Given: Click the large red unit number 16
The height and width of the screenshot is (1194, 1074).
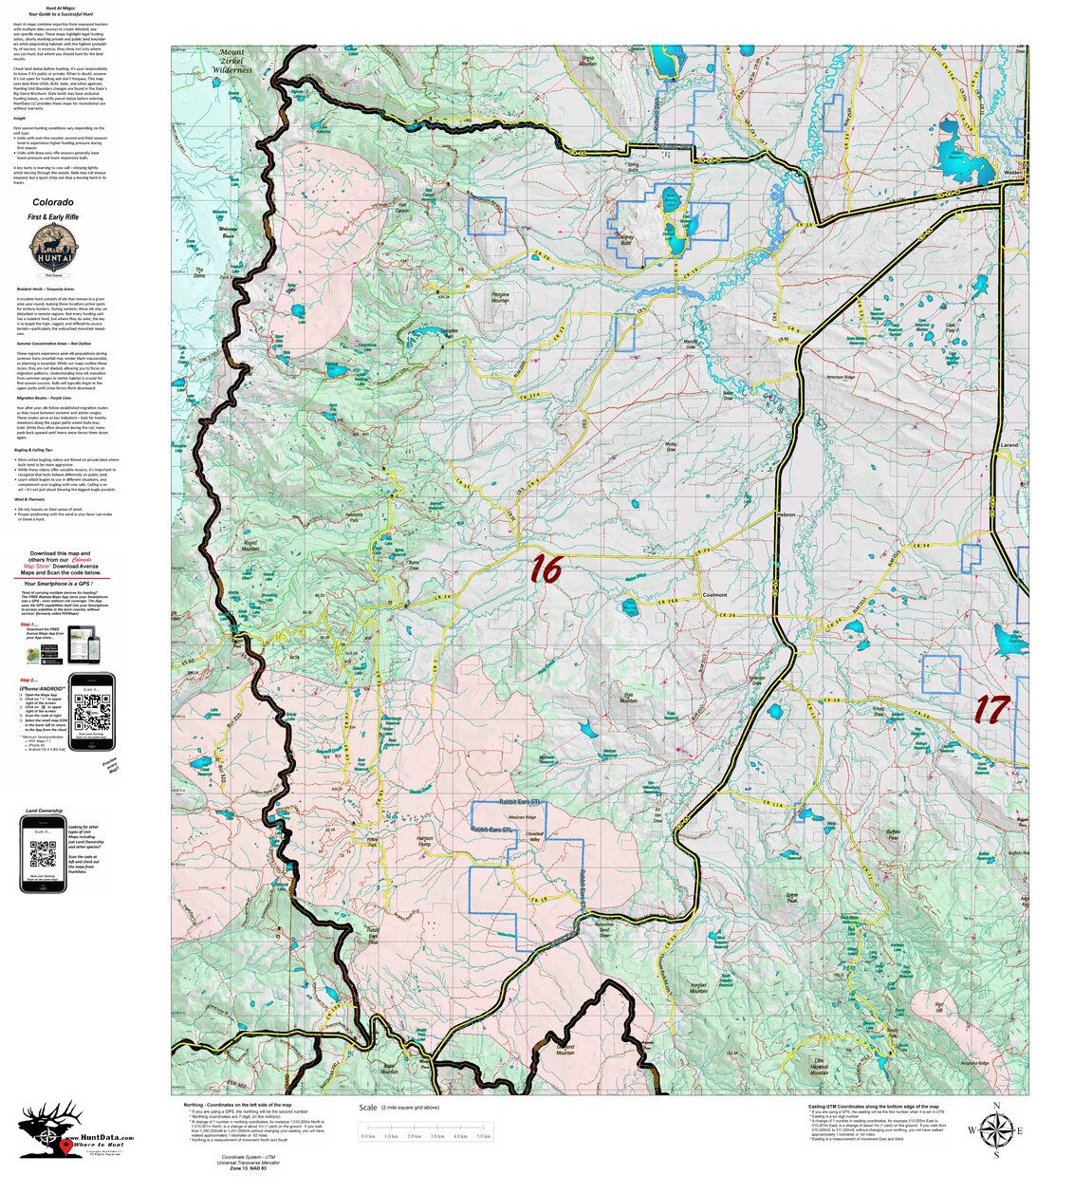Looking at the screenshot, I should click(546, 569).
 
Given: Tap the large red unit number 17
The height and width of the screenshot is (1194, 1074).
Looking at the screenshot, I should click(991, 709).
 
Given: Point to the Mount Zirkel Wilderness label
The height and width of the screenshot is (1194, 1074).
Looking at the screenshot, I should click(232, 61).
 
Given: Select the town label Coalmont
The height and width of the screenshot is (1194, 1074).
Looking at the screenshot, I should click(714, 595).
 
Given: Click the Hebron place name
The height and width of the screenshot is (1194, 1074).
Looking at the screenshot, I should click(785, 514).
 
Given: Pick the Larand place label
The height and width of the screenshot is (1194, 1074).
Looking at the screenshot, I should click(1009, 444).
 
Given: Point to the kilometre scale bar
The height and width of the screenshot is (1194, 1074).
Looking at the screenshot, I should click(425, 1135).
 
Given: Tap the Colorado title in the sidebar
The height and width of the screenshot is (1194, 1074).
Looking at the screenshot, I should click(53, 202).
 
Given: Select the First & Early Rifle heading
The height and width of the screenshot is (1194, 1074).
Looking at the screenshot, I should click(53, 217).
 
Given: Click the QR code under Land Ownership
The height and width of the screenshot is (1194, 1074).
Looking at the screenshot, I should click(43, 853).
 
